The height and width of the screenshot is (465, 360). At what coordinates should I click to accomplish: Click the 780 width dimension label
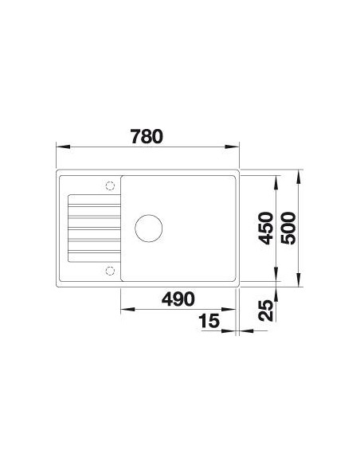click(x=147, y=136)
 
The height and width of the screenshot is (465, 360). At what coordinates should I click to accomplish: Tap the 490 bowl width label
click(x=178, y=299)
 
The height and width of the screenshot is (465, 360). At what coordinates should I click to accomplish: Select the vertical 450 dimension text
click(x=265, y=228)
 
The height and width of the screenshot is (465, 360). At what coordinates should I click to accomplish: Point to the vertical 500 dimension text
click(x=288, y=228)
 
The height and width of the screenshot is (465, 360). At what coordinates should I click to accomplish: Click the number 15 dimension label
click(x=209, y=321)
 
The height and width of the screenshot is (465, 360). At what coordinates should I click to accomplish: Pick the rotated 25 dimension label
click(x=265, y=311)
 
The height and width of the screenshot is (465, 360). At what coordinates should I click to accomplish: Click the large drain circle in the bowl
click(x=149, y=228)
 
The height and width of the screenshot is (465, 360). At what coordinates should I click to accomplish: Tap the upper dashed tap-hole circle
click(x=110, y=186)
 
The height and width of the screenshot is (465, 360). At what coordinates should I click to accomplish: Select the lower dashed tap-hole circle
click(x=110, y=271)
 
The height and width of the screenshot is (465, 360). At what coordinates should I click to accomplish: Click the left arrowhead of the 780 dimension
click(x=63, y=147)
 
